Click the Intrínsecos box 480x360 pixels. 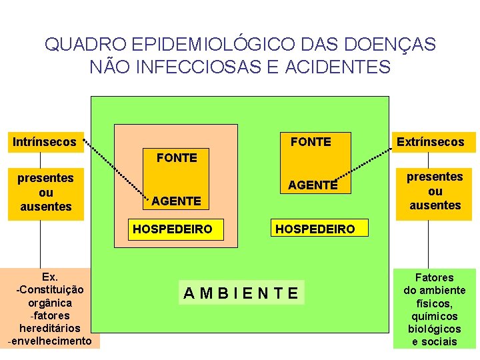(45, 141)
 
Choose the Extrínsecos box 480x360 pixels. (430, 141)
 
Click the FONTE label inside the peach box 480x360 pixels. (177, 158)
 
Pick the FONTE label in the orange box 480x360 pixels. (311, 141)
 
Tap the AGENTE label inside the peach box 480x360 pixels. (177, 201)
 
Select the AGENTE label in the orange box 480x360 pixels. (313, 185)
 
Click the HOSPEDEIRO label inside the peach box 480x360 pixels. (173, 229)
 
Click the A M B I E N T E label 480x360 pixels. (241, 292)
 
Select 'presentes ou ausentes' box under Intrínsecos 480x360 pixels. (46, 192)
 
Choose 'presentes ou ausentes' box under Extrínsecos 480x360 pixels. (435, 191)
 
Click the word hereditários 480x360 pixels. (50, 328)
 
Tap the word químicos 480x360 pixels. (435, 316)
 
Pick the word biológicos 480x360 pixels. (435, 329)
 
